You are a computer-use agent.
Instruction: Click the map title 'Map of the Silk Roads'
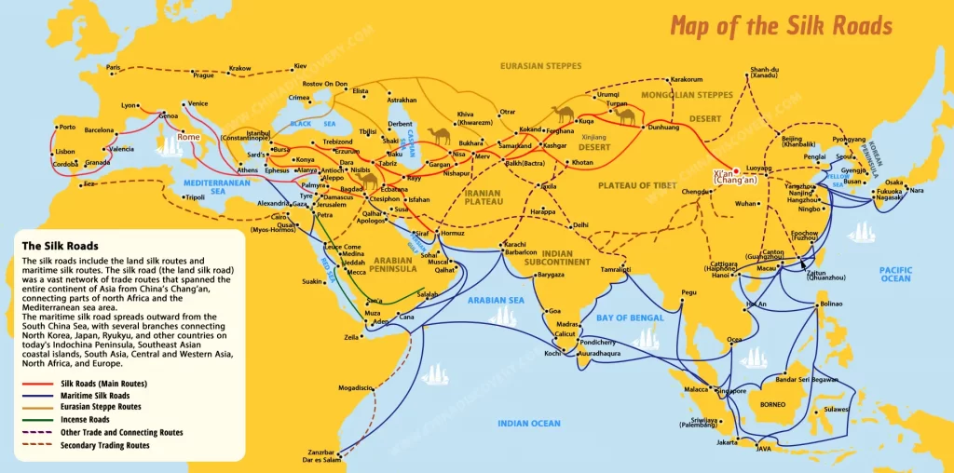[x=781, y=25]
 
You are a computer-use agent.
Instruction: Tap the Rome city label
[x=189, y=137]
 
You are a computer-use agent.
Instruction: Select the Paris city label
[x=114, y=68]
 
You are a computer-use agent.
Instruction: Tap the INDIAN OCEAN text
[x=528, y=424]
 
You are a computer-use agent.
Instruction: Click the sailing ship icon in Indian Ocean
[x=436, y=373]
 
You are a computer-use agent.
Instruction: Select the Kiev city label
[x=300, y=66]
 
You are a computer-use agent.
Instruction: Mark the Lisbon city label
[x=64, y=151]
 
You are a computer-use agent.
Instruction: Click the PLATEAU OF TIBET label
[x=638, y=185]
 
